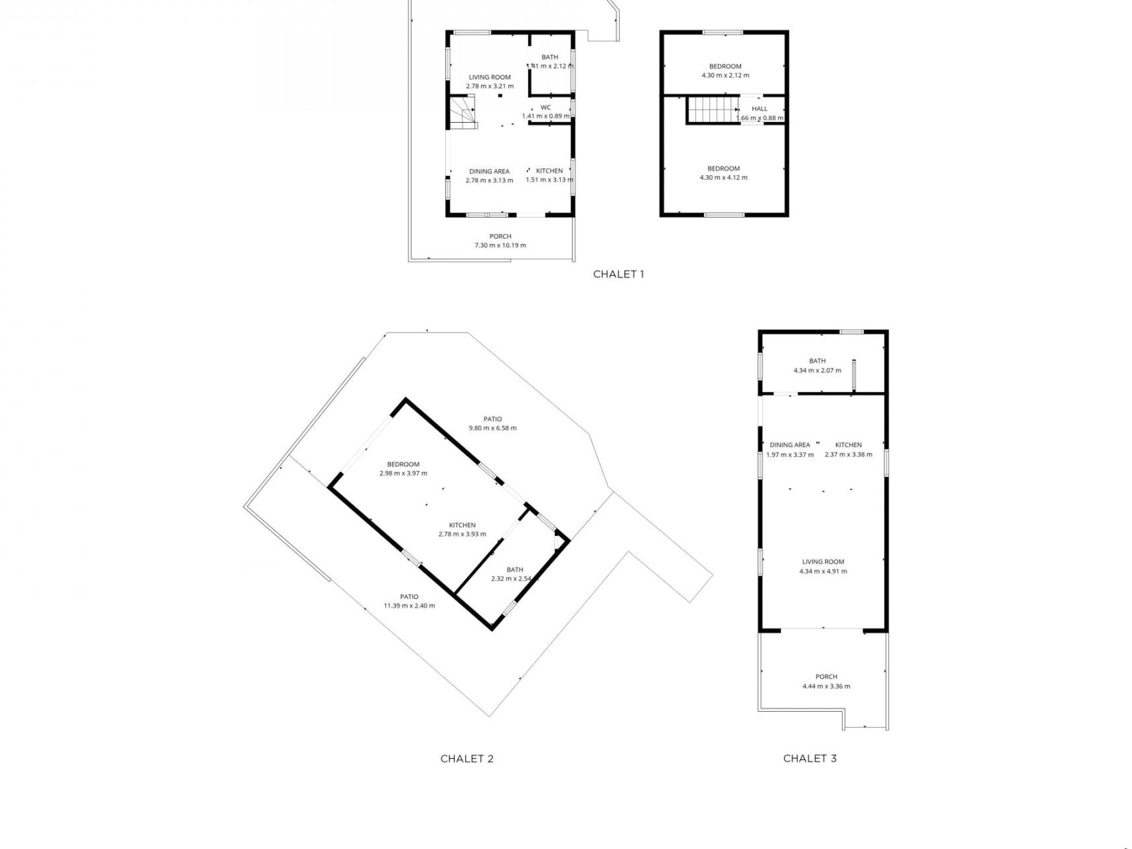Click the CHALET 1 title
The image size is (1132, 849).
click(618, 274)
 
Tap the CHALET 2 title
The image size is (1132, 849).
click(467, 759)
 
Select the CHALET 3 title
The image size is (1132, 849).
click(810, 758)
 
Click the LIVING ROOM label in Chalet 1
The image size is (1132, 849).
click(490, 77)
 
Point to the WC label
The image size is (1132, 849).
click(546, 107)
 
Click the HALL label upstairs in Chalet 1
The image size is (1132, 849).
click(760, 108)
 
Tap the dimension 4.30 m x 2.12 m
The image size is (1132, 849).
click(725, 75)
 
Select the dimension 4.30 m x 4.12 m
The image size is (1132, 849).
click(723, 177)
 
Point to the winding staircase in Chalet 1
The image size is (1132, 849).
click(463, 113)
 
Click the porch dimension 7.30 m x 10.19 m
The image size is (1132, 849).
click(501, 245)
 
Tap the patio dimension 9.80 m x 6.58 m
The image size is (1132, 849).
click(493, 428)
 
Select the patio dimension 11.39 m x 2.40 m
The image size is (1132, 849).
click(409, 606)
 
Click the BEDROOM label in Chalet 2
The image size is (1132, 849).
click(403, 464)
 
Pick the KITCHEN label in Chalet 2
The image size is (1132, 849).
click(462, 525)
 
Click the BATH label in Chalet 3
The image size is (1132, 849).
click(818, 361)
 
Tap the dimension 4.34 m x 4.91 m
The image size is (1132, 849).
click(823, 571)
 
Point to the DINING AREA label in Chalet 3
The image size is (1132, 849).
click(790, 445)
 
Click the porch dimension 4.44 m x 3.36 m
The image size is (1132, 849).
click(827, 686)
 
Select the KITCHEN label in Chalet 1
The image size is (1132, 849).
click(549, 171)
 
